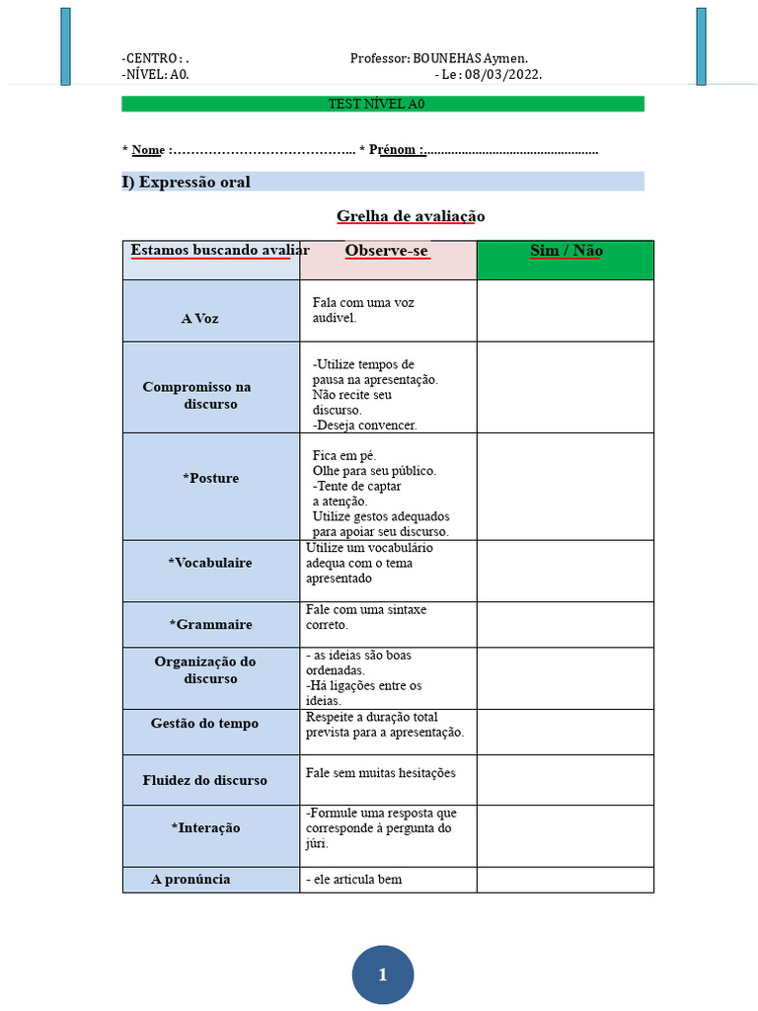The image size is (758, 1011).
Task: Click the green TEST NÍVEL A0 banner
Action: pos(383,104)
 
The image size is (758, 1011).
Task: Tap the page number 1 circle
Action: pos(383,975)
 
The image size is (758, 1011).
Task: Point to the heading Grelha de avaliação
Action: pos(411,216)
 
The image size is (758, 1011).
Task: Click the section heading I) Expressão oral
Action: pos(187,182)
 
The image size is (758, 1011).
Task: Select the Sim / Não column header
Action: pos(566,251)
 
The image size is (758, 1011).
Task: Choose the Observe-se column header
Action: pos(387,251)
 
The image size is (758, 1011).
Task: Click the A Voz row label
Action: pos(200,319)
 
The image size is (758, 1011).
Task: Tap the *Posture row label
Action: pos(210,478)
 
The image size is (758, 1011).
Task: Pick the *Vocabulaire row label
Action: pos(210,563)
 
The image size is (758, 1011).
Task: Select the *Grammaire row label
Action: pos(210,624)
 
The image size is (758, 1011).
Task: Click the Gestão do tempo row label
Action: pos(204,724)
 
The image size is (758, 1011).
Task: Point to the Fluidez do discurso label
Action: pos(204,780)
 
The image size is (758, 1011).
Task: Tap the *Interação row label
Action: pos(204,827)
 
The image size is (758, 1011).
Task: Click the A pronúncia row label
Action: pos(190,879)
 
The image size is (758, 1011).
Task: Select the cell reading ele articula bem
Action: pos(355,880)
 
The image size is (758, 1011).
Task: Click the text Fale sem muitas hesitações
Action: pos(381,773)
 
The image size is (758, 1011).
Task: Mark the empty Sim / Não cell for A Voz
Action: pos(565,311)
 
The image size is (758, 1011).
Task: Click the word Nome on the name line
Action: pos(148,150)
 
